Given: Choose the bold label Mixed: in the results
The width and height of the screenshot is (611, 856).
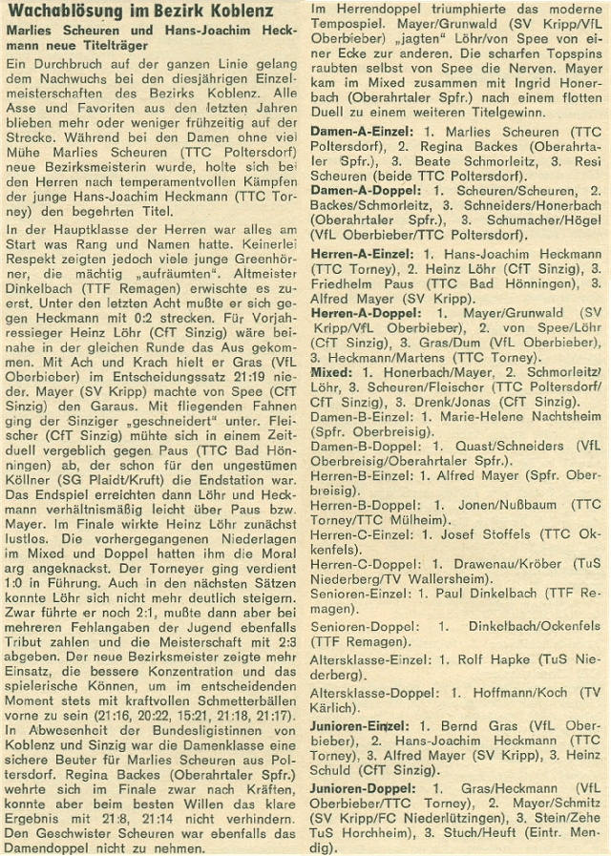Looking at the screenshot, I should pos(334,368).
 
